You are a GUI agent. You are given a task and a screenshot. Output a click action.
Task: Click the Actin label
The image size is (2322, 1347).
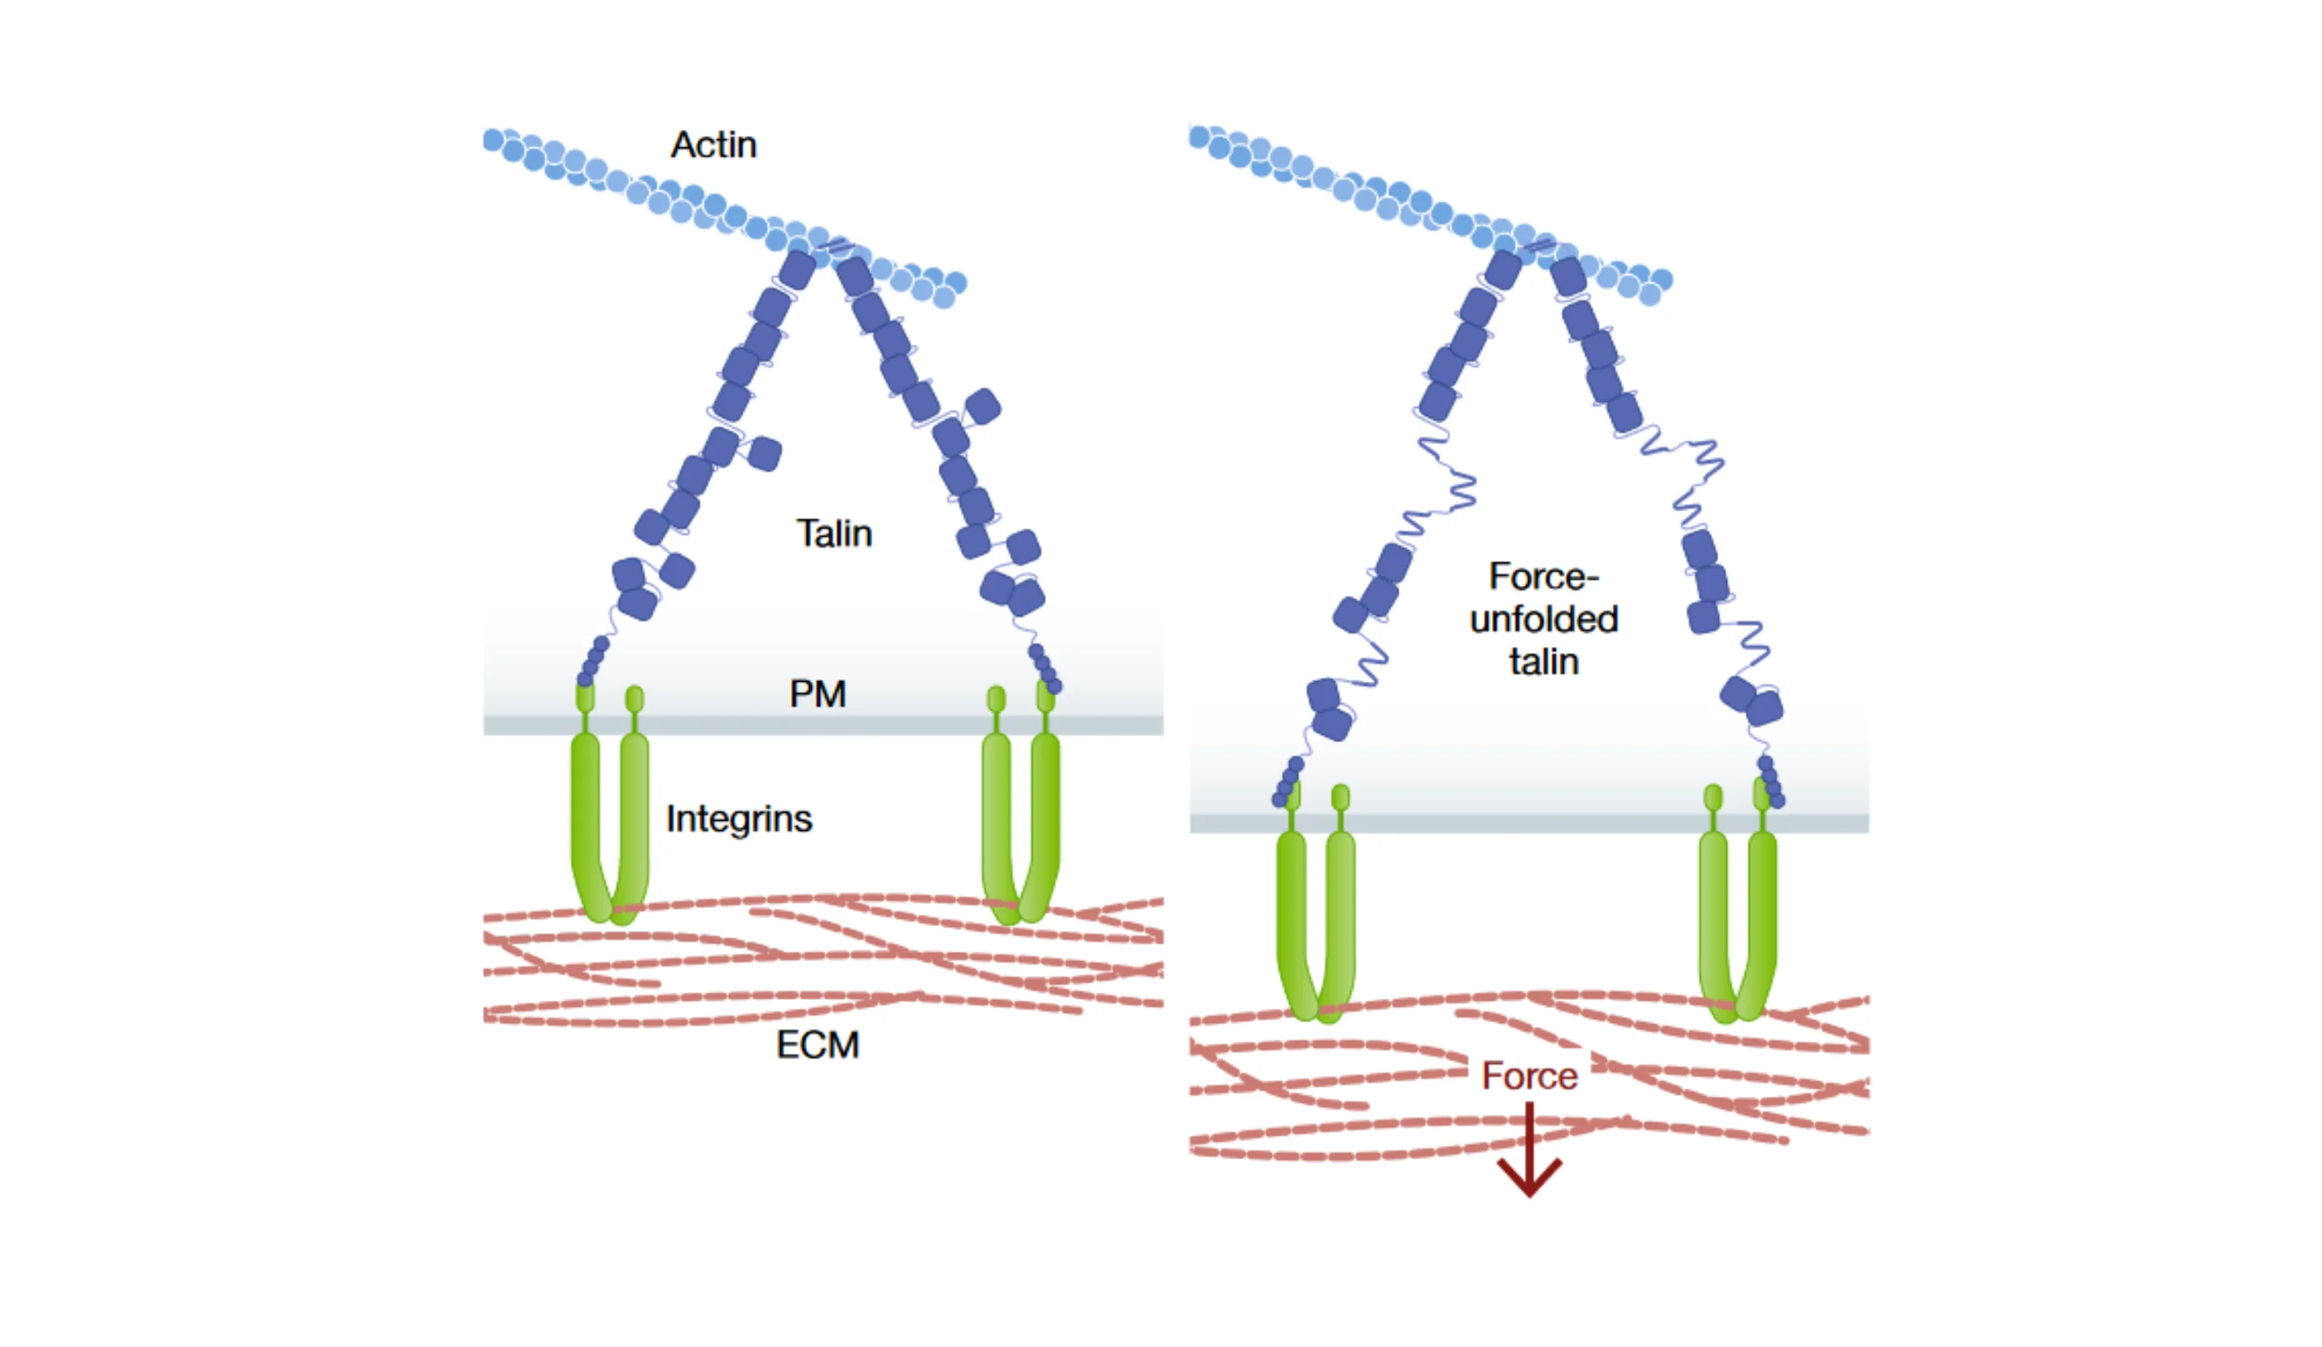[714, 146]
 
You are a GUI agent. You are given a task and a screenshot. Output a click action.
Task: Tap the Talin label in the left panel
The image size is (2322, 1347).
[834, 534]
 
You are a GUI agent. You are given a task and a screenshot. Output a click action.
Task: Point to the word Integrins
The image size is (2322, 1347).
[739, 819]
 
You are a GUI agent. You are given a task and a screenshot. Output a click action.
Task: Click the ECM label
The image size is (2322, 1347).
[818, 1045]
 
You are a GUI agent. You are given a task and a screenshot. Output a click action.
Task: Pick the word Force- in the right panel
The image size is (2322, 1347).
[1543, 577]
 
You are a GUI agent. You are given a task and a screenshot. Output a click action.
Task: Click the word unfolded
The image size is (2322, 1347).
[1543, 620]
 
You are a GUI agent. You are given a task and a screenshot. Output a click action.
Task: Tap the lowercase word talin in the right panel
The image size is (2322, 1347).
[1543, 663]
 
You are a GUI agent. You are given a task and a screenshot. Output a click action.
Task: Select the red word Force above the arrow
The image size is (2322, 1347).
[1528, 1076]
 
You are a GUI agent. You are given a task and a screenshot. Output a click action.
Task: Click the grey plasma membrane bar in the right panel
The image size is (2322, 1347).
[1529, 823]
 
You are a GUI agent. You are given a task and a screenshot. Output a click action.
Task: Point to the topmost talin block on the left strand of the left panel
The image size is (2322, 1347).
[798, 269]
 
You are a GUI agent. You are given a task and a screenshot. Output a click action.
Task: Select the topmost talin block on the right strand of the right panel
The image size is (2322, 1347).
[1567, 277]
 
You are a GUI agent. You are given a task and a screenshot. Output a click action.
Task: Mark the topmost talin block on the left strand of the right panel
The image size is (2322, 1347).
[1503, 269]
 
